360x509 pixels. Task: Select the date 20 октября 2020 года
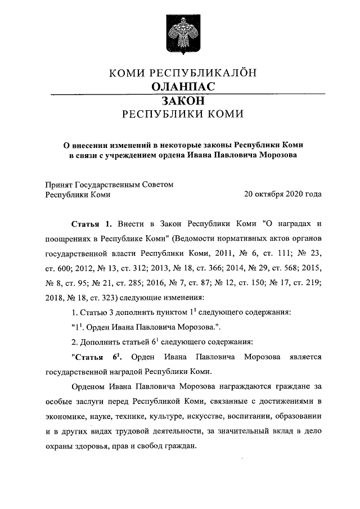(283, 195)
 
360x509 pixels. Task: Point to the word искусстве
(199, 417)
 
